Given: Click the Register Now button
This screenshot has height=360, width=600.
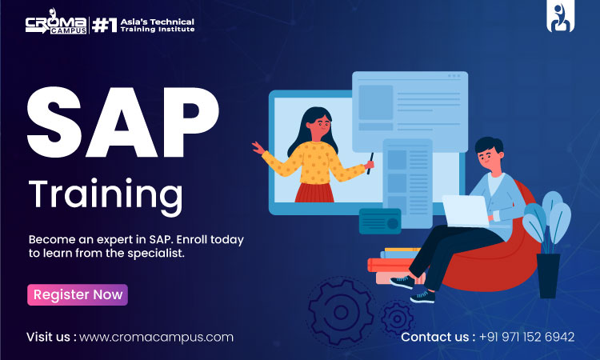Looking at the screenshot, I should pyautogui.click(x=78, y=294).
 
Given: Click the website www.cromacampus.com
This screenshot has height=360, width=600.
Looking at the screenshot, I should pyautogui.click(x=156, y=337).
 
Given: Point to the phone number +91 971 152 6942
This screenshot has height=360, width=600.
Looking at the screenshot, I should pyautogui.click(x=526, y=337).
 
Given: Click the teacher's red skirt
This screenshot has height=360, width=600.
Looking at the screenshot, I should pyautogui.click(x=314, y=192).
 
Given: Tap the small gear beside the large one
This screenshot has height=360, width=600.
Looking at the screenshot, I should pyautogui.click(x=397, y=319).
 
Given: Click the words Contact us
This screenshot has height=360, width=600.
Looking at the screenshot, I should pyautogui.click(x=437, y=337).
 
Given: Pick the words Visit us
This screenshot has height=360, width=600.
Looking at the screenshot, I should pyautogui.click(x=52, y=337).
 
